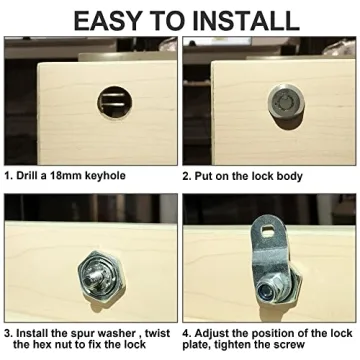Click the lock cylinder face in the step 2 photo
pos(277,103)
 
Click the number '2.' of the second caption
pos(189,174)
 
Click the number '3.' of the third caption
pos(8,332)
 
